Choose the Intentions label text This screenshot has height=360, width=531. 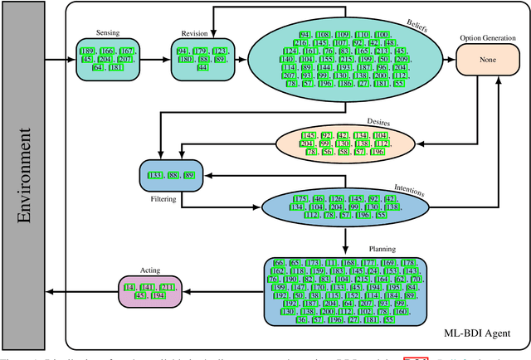pos(408,193)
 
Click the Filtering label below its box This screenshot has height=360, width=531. pos(163,200)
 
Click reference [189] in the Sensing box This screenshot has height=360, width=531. pos(89,51)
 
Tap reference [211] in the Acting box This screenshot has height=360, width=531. pos(167,287)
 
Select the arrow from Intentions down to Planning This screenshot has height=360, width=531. pos(344,236)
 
